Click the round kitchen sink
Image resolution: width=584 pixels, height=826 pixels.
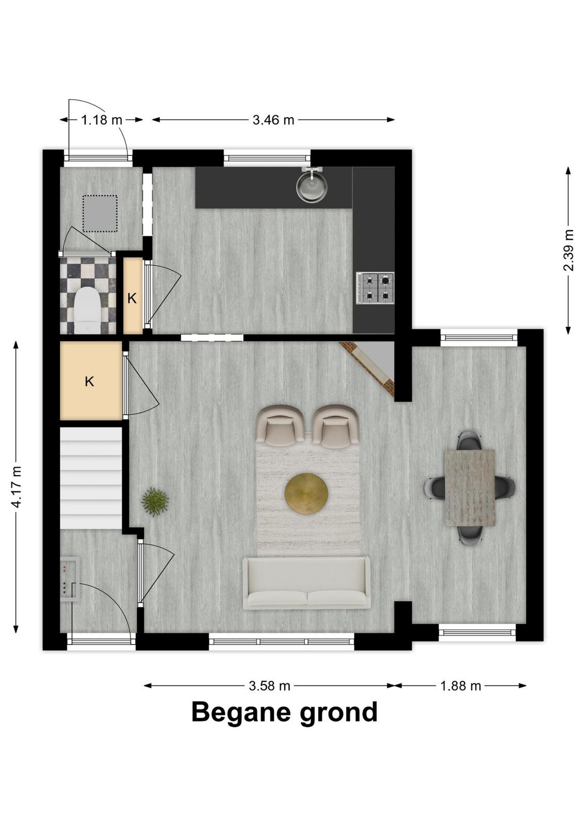pyautogui.click(x=311, y=188)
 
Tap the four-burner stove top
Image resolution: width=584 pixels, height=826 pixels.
pyautogui.click(x=375, y=288)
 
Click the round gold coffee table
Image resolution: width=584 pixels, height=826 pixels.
pyautogui.click(x=306, y=493)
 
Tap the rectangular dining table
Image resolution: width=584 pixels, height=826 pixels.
pyautogui.click(x=470, y=487)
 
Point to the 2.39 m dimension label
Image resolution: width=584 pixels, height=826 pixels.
pyautogui.click(x=569, y=250)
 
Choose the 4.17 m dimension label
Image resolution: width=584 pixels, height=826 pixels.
pyautogui.click(x=16, y=487)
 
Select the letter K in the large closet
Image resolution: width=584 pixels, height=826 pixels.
pyautogui.click(x=89, y=382)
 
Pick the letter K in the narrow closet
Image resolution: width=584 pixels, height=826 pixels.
pyautogui.click(x=132, y=298)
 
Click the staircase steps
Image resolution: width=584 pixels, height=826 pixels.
pyautogui.click(x=91, y=478)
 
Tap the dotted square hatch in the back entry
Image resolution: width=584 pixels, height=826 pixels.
pyautogui.click(x=100, y=214)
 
